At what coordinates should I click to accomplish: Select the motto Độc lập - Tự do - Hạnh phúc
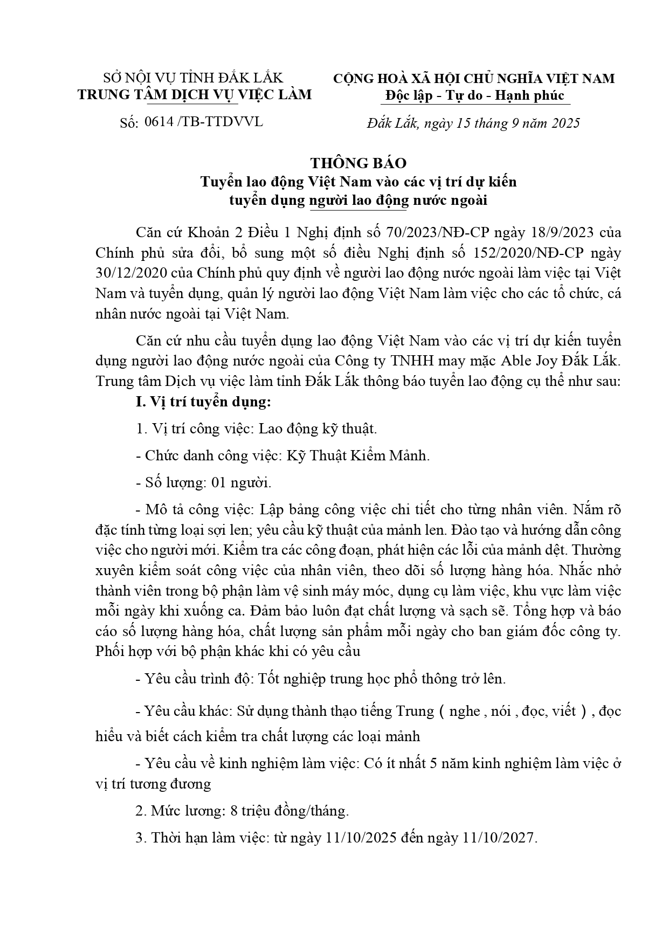[475, 95]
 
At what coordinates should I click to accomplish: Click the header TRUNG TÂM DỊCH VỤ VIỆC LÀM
[195, 95]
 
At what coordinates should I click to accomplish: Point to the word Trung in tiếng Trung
[415, 711]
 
